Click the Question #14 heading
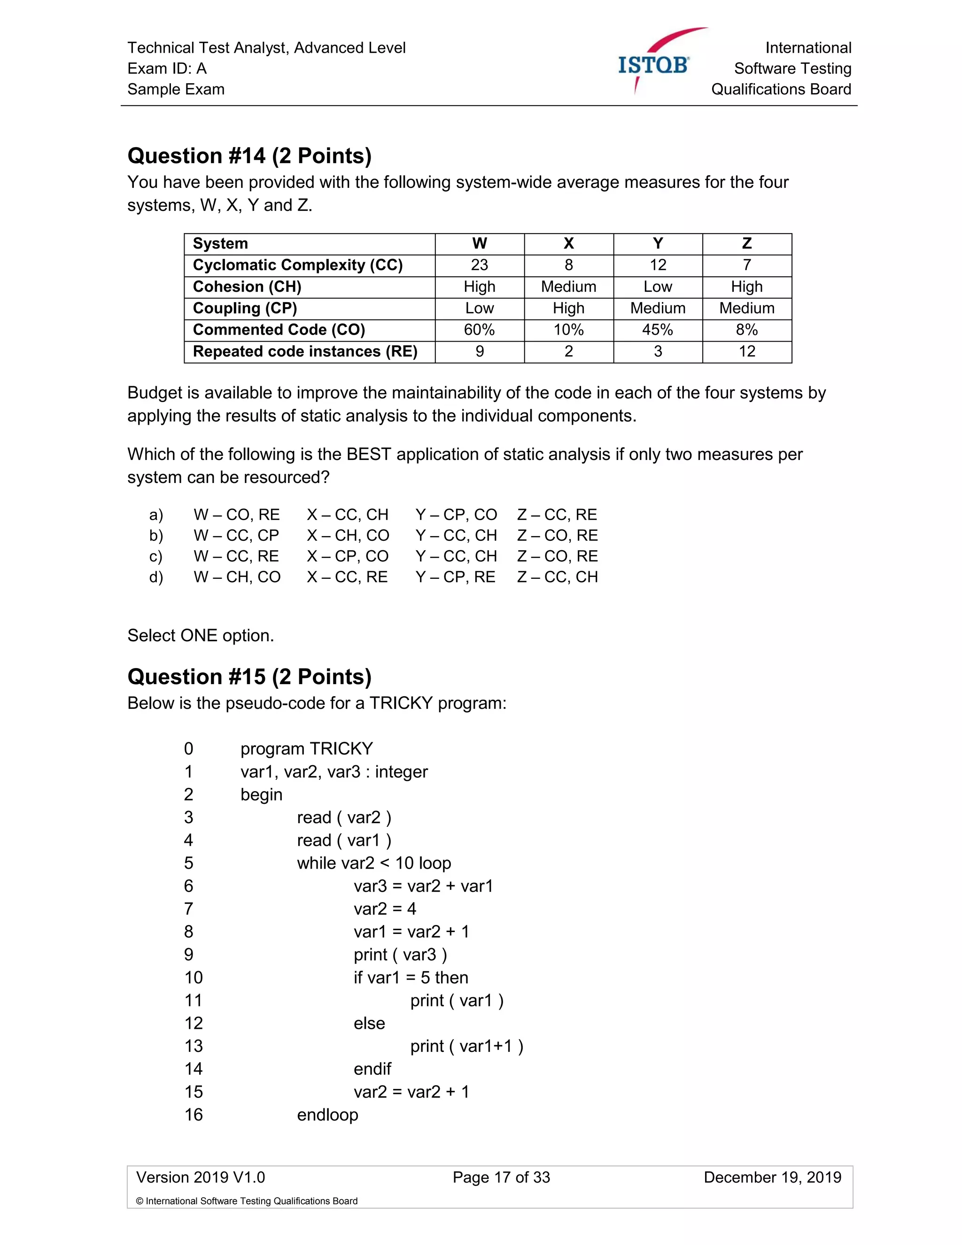(x=249, y=156)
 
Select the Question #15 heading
(x=249, y=677)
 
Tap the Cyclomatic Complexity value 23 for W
(x=479, y=265)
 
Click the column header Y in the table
(x=658, y=243)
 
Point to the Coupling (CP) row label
(x=245, y=308)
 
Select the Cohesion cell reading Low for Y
(x=658, y=287)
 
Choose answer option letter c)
(x=155, y=556)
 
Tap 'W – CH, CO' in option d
(x=237, y=577)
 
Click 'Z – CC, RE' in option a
(x=557, y=515)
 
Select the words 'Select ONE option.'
(x=201, y=636)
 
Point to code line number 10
(x=193, y=978)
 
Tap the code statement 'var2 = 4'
(x=385, y=909)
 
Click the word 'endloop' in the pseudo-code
(x=327, y=1115)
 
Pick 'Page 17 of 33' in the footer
(x=501, y=1178)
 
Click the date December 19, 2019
(x=772, y=1178)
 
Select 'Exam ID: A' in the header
(x=167, y=69)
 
